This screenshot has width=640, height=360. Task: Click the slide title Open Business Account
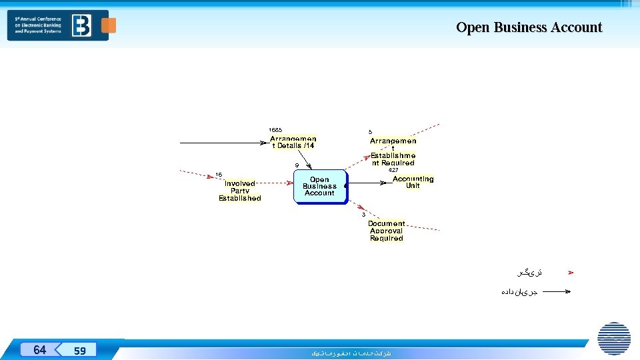tap(529, 27)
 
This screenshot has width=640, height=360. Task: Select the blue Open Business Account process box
tap(320, 187)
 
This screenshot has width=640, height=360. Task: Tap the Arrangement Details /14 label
tap(293, 142)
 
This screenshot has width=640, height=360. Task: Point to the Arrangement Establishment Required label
tap(393, 152)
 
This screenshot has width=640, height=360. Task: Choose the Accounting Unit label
tap(413, 182)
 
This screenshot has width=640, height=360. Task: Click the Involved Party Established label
tap(240, 191)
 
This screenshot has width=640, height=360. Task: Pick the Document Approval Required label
tap(387, 231)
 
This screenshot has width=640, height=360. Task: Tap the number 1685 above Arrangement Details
tap(275, 129)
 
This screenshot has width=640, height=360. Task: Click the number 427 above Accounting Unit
tap(393, 170)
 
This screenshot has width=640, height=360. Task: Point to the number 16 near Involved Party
tap(219, 175)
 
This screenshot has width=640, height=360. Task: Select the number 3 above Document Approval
tap(363, 215)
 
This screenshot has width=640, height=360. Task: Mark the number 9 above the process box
tap(297, 165)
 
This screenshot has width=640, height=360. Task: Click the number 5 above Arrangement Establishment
tap(371, 132)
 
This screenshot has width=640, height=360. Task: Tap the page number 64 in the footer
tap(40, 349)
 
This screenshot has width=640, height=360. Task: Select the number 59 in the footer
tap(80, 350)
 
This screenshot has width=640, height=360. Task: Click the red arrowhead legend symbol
tap(570, 273)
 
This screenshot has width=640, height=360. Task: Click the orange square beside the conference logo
tap(109, 25)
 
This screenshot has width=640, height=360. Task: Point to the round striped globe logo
tap(614, 338)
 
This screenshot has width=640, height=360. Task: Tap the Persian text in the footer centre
tap(351, 353)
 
